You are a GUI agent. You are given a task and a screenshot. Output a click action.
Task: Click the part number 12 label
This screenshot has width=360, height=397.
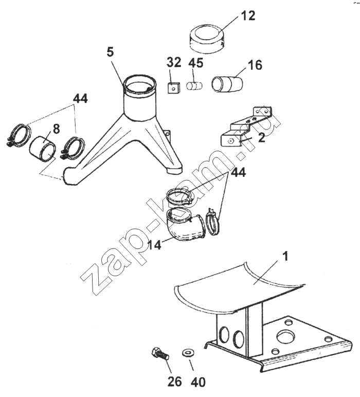click(x=248, y=15)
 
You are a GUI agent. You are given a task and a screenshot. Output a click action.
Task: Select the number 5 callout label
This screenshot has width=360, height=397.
click(x=110, y=52)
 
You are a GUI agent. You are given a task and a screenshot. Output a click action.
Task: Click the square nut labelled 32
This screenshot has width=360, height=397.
click(x=173, y=87)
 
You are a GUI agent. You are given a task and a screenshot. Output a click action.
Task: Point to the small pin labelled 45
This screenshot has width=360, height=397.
click(x=195, y=85)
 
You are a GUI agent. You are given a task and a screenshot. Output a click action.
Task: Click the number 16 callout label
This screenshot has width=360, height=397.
click(x=255, y=65)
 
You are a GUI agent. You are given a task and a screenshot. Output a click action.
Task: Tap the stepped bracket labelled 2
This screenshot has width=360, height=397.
click(x=247, y=127)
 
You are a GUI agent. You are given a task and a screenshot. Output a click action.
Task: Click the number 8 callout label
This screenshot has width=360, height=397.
click(x=56, y=129)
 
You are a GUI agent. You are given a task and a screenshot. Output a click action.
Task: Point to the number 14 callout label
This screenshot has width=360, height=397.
click(x=154, y=245)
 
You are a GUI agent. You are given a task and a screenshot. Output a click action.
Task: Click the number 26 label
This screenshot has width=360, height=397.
click(x=174, y=381)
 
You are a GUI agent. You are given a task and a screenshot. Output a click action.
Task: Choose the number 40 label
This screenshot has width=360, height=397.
click(x=197, y=382)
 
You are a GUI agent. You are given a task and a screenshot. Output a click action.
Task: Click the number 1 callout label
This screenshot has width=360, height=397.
click(x=285, y=256)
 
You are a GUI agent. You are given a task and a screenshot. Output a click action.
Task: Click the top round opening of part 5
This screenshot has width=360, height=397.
click(x=140, y=85)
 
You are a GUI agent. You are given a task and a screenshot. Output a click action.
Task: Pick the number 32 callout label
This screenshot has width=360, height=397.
click(x=174, y=62)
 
